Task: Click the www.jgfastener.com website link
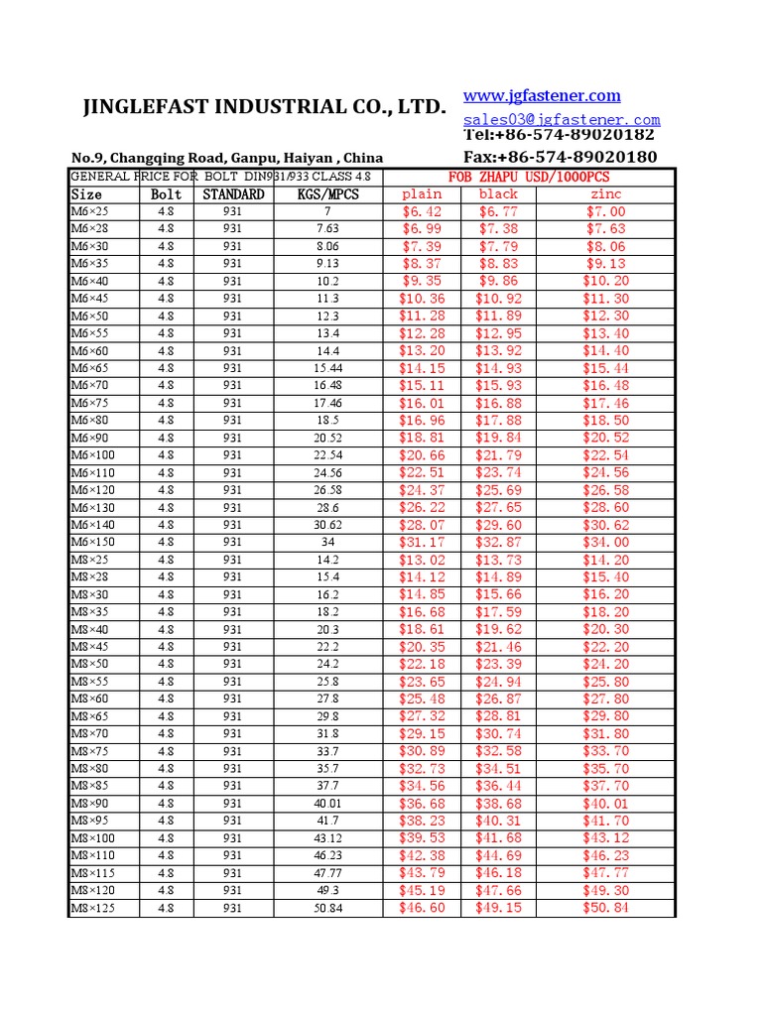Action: click(542, 96)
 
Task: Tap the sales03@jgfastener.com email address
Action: click(562, 119)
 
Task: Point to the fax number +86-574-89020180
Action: click(560, 157)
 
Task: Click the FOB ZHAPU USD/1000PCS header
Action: click(530, 177)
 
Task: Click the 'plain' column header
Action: click(423, 194)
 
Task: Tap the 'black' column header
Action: click(498, 194)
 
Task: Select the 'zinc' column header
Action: click(605, 194)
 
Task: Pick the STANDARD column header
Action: click(233, 194)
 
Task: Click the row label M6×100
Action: click(93, 455)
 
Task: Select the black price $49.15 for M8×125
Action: click(498, 908)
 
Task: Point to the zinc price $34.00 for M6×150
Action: click(605, 543)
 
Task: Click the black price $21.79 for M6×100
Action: click(498, 455)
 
